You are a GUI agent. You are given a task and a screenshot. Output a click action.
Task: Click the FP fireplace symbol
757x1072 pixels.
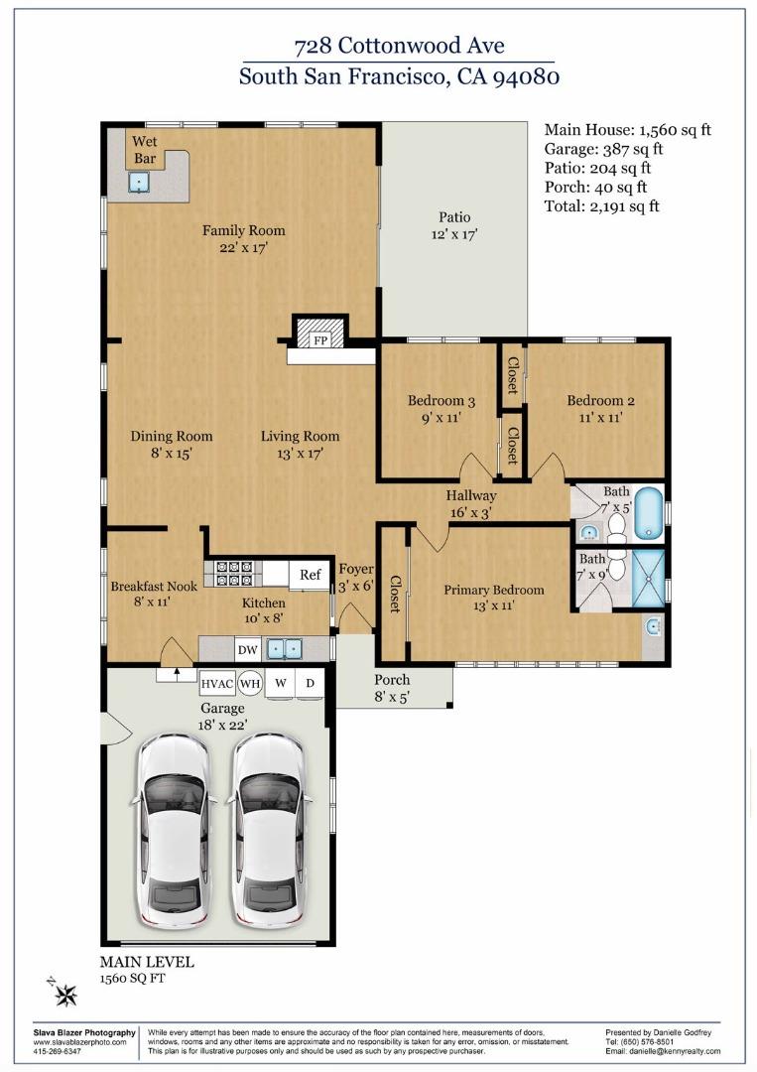tap(320, 339)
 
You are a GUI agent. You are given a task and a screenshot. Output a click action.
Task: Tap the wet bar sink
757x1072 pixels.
tap(141, 182)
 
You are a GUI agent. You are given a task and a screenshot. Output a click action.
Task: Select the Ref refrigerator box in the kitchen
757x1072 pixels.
tap(310, 575)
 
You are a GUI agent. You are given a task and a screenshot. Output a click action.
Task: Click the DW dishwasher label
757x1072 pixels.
tap(247, 650)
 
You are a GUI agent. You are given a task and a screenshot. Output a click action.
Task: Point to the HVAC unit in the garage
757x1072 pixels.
tap(216, 684)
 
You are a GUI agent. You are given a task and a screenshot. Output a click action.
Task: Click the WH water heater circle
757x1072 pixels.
tap(250, 684)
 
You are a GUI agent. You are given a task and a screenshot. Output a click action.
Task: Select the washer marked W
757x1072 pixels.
tap(280, 684)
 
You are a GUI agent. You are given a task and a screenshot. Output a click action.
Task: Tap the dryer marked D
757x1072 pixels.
tap(309, 684)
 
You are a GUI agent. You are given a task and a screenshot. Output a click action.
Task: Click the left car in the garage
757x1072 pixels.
tap(174, 830)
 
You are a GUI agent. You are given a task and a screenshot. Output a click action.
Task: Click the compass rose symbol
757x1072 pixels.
tap(65, 995)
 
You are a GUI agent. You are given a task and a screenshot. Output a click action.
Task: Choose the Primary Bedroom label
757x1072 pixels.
tap(493, 590)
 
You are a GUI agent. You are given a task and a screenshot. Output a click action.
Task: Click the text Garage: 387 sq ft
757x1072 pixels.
tap(603, 149)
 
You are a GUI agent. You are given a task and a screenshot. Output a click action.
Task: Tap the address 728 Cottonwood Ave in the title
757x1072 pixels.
tap(399, 46)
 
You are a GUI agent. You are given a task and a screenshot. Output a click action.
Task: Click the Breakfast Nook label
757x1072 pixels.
tap(153, 586)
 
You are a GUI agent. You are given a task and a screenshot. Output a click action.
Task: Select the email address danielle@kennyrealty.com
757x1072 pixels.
tap(663, 1051)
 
